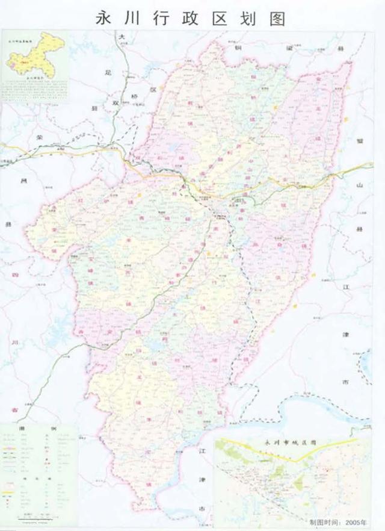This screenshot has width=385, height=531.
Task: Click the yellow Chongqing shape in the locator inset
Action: click(36, 57)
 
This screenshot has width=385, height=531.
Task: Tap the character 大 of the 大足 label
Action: click(122, 37)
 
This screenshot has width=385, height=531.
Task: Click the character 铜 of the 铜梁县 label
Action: click(239, 46)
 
